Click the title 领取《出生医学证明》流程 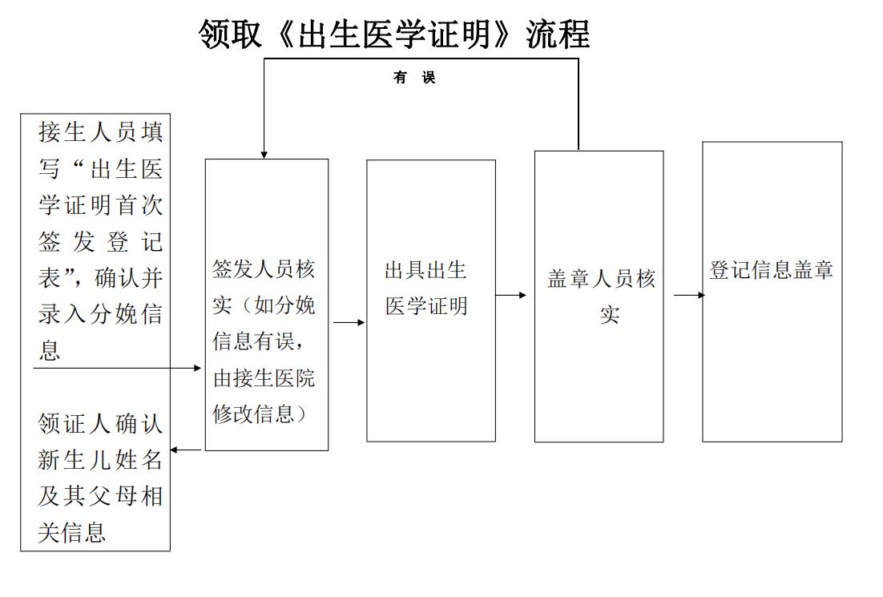[394, 34]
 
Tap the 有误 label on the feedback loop [414, 77]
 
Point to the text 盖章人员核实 [602, 296]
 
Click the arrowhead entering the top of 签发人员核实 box [264, 155]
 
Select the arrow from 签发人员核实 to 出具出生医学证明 [349, 323]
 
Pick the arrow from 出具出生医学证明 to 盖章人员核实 [510, 295]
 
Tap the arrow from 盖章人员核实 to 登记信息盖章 [689, 295]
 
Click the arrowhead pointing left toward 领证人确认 [174, 450]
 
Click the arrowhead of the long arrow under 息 [197, 369]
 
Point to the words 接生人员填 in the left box [101, 133]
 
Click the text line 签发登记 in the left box [101, 242]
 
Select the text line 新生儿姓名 [100, 460]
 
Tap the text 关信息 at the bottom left [71, 533]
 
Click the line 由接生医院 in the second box [264, 378]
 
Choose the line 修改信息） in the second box [260, 414]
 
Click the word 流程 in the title [558, 34]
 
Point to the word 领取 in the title [230, 34]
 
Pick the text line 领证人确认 [100, 424]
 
